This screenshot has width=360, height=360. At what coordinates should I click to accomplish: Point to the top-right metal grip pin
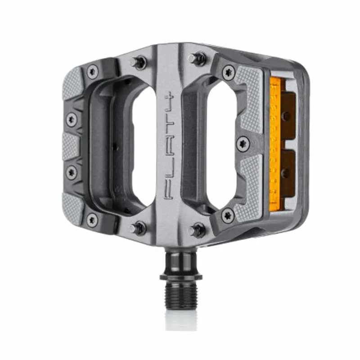tap(197, 58)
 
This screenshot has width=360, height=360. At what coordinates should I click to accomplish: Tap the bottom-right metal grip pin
tap(196, 230)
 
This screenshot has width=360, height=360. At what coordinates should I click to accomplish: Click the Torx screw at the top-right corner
tap(229, 72)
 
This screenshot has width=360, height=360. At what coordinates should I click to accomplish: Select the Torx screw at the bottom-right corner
tap(228, 216)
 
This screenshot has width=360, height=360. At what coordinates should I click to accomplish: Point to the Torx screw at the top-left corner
tap(93, 71)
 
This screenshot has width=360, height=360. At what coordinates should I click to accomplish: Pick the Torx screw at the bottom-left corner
tap(92, 220)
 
